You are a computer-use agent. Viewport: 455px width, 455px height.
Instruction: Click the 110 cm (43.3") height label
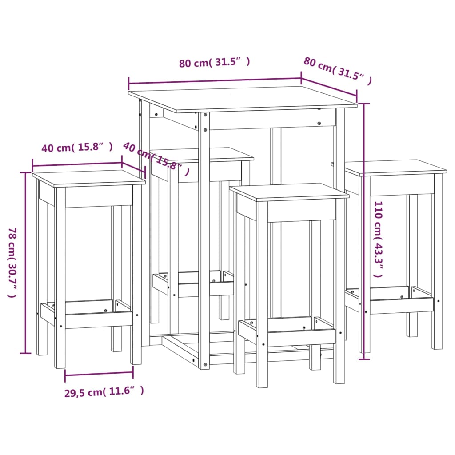coord(378,239)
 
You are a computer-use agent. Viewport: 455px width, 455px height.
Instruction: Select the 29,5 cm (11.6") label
coord(104,391)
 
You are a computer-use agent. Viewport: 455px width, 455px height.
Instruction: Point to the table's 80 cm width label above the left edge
coord(214,63)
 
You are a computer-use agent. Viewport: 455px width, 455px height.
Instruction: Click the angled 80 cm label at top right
coord(337,70)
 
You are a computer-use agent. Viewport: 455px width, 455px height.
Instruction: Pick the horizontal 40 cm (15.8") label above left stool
coord(77,147)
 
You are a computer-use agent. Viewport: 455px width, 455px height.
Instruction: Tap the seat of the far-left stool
coord(89,177)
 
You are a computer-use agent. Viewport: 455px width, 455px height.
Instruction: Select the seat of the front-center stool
coord(289,191)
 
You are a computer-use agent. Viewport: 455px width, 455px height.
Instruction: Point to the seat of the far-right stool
coord(395,167)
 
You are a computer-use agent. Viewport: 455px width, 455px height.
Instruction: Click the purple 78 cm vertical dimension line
coord(26,262)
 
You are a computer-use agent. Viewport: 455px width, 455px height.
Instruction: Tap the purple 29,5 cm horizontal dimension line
coord(99,375)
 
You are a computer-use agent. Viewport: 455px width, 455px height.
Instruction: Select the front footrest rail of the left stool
coord(99,319)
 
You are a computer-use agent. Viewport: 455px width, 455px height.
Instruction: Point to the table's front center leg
coord(204,240)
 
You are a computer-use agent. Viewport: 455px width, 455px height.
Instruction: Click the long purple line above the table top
coord(215,80)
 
